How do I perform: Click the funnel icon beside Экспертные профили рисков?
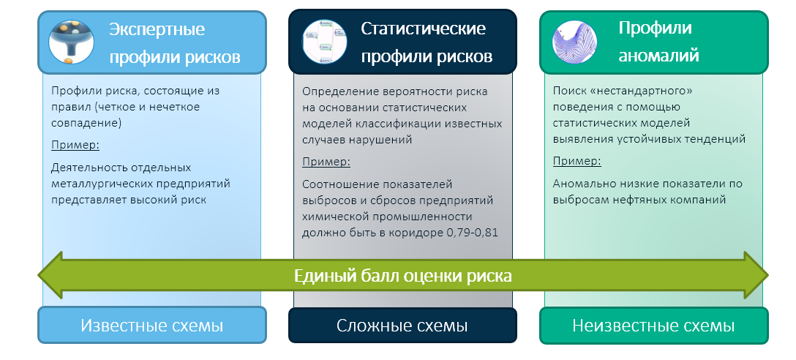71,42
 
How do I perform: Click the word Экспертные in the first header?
157,29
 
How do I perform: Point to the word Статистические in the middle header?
424,29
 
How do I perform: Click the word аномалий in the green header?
659,56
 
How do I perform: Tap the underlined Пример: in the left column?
75,144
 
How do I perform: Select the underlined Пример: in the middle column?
326,161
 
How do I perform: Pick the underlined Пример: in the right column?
577,161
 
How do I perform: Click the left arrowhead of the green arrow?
51,276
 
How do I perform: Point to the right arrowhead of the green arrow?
754,276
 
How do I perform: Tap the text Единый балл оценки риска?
402,276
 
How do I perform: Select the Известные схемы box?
151,326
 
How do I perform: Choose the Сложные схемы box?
402,326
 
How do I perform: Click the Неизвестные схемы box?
653,326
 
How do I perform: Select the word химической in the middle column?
332,217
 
